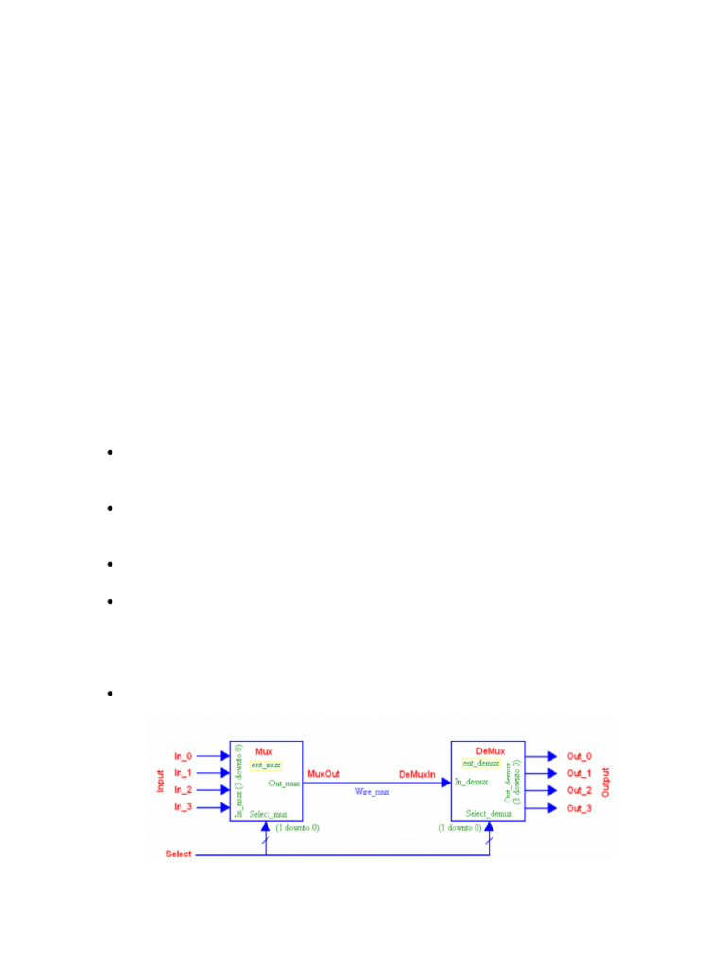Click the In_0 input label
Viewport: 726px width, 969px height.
(182, 756)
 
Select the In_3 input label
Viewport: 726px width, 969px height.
(182, 807)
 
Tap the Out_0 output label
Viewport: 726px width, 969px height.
(579, 756)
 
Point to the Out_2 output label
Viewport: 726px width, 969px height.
(579, 790)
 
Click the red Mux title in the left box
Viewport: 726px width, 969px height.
(264, 751)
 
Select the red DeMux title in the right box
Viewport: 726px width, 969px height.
(491, 751)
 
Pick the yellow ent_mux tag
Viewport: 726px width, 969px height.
(266, 765)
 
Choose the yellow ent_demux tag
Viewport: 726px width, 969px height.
(480, 763)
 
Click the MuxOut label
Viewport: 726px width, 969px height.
(324, 774)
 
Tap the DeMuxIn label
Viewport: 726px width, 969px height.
(417, 774)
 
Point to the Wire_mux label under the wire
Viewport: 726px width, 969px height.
(372, 791)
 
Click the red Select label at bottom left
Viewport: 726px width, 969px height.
(179, 854)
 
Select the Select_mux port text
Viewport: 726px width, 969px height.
(268, 814)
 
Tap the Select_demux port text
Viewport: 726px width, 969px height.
(489, 813)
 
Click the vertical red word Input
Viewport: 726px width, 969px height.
(160, 781)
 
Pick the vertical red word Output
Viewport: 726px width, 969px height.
(606, 782)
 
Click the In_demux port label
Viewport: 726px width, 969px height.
(472, 782)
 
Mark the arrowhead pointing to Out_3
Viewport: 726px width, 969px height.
(552, 808)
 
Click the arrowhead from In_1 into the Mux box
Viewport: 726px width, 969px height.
(224, 773)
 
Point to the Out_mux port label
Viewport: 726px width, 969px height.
(284, 783)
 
